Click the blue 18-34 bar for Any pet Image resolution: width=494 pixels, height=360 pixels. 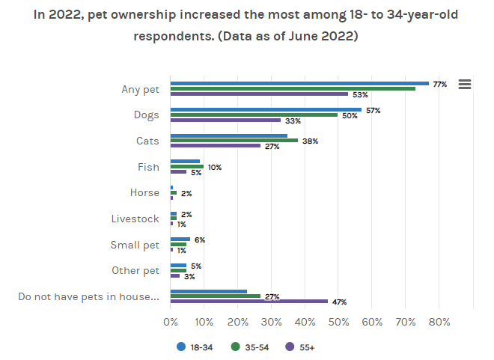tap(299, 83)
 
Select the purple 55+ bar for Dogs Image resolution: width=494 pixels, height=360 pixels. tap(225, 120)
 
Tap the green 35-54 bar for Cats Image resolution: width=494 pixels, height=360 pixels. tap(234, 141)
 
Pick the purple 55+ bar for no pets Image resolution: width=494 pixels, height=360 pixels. tap(248, 301)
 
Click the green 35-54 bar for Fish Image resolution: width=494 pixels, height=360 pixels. tap(186, 167)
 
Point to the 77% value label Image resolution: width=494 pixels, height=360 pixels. tap(439, 85)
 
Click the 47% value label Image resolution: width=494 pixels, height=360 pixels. tap(339, 302)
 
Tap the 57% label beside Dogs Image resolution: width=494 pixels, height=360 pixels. tap(373, 110)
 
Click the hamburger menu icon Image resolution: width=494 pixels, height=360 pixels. tap(464, 85)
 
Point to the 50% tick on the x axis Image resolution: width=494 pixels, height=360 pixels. tap(338, 323)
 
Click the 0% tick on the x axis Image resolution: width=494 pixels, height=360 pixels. tap(171, 323)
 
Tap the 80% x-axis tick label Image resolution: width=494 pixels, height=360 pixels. tap(439, 323)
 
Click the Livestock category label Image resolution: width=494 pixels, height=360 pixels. tap(135, 219)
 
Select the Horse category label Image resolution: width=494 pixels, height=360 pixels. tap(144, 192)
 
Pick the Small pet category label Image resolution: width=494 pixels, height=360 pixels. tap(135, 245)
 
